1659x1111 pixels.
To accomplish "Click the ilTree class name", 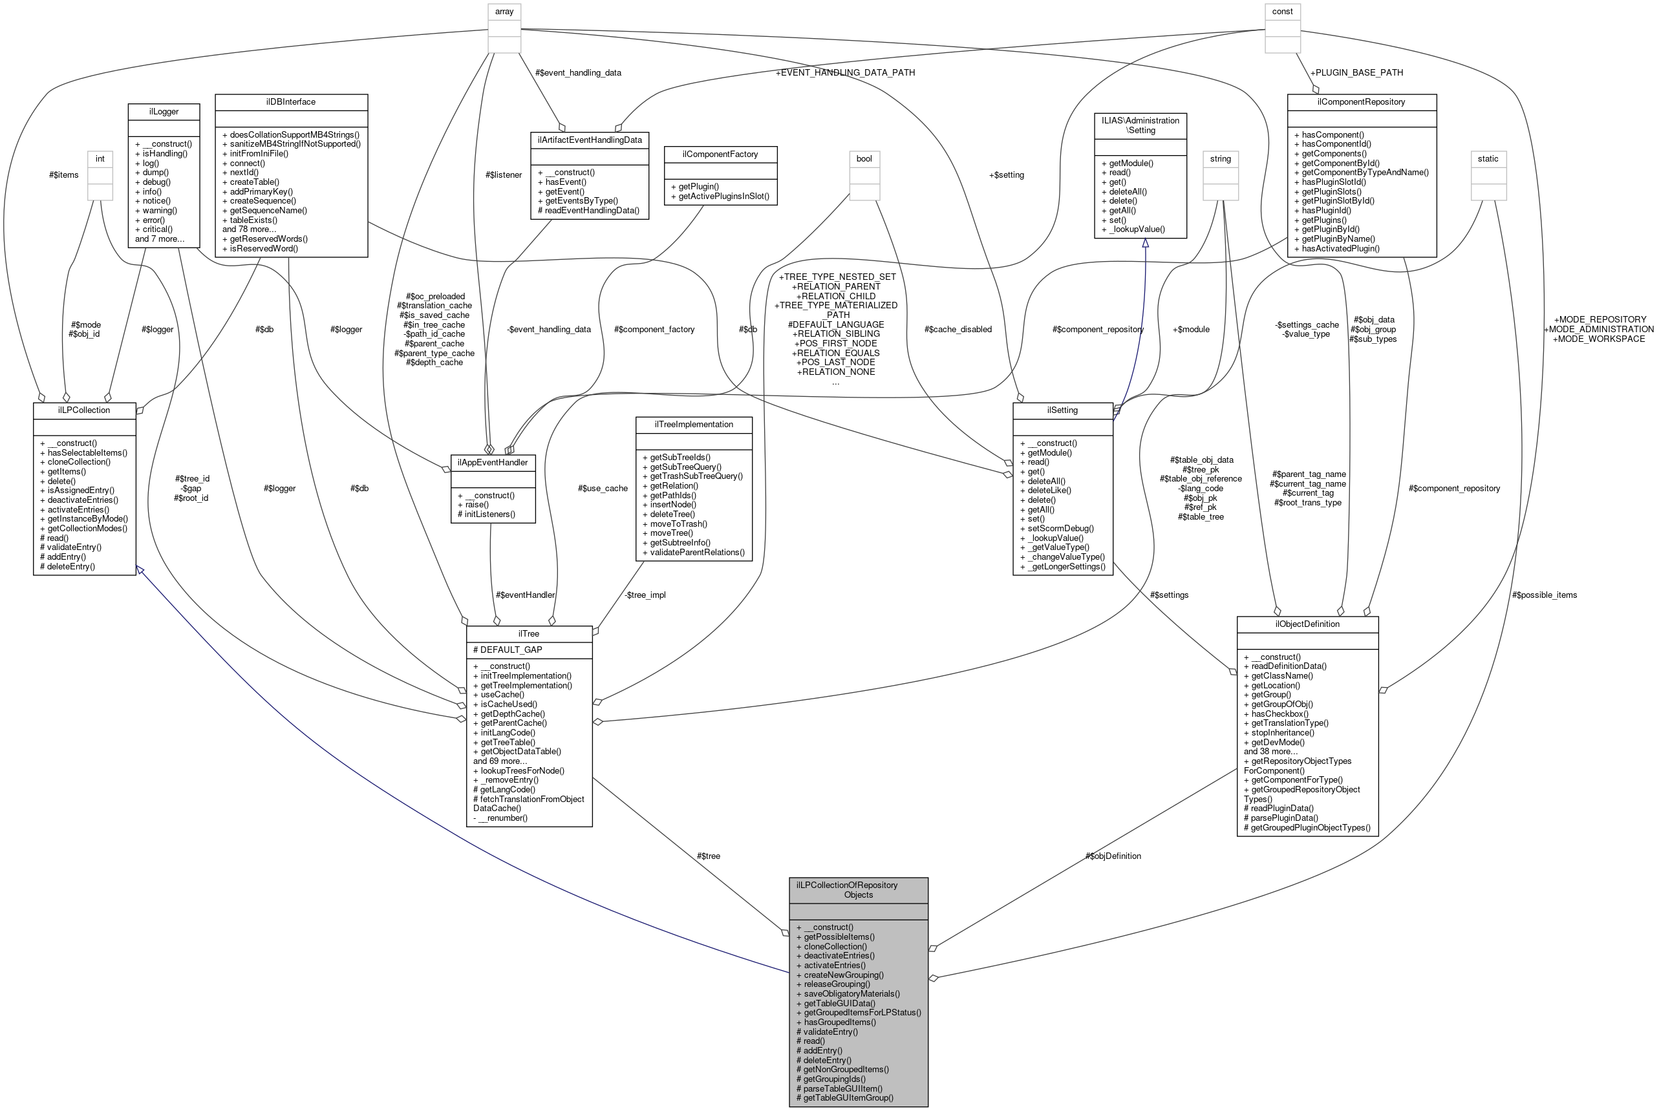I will (529, 633).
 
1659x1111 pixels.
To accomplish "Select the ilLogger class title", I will (164, 111).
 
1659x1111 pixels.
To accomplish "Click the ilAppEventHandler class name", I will (493, 463).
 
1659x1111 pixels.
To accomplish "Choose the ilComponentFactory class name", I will (720, 154).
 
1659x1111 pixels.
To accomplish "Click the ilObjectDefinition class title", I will (1307, 624).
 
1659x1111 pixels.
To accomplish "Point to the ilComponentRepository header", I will (1362, 102).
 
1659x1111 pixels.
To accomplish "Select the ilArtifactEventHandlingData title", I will (590, 140).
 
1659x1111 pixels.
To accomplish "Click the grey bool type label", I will (864, 159).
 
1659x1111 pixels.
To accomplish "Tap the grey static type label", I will (1488, 159).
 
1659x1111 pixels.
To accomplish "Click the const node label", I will (1282, 12).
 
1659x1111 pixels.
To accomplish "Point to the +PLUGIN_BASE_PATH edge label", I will (1356, 72).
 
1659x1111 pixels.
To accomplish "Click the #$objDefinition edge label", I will (1113, 856).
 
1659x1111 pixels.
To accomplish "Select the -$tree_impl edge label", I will (645, 595).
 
